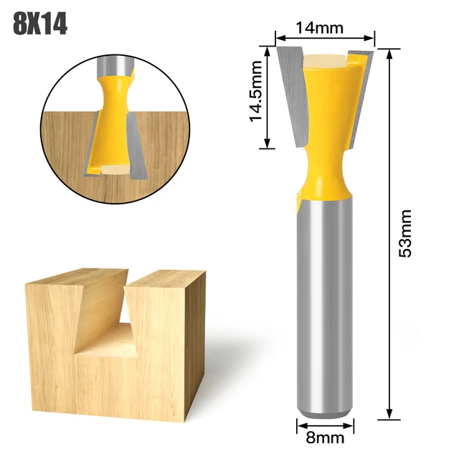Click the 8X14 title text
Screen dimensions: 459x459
click(x=40, y=25)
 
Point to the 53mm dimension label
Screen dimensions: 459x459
click(x=405, y=233)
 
